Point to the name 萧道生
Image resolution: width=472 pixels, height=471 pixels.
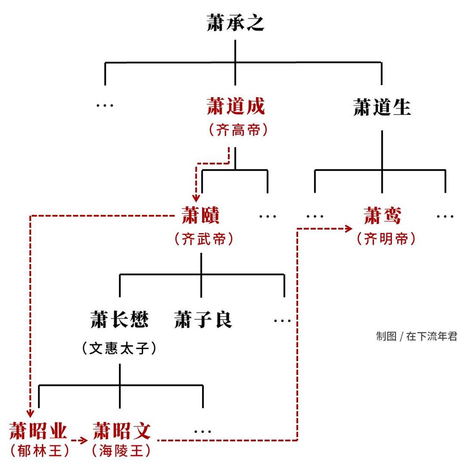[382, 107]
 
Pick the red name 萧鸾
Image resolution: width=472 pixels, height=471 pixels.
[382, 216]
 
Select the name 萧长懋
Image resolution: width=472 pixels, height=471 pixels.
[120, 320]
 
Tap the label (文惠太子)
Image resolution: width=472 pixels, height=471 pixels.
[119, 349]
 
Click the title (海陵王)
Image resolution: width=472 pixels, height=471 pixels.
[122, 451]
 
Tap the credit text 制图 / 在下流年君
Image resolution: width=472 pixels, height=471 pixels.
[416, 337]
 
